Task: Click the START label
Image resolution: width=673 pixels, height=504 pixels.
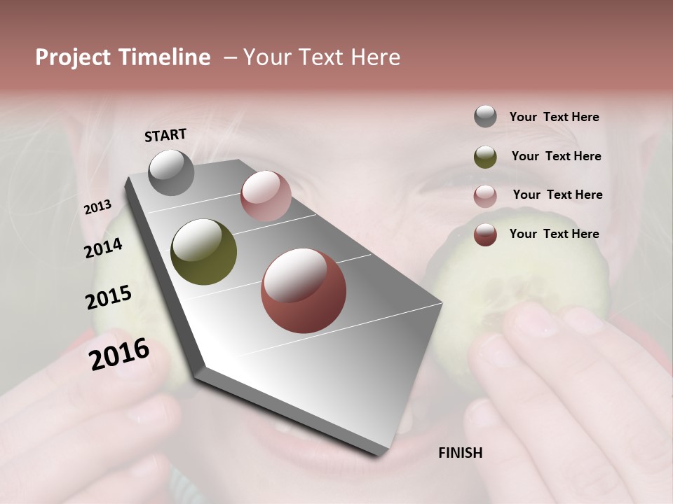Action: [165, 135]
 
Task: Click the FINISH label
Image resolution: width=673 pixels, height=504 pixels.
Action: [460, 453]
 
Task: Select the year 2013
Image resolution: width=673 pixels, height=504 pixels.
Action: [97, 207]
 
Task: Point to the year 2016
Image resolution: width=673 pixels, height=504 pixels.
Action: [119, 354]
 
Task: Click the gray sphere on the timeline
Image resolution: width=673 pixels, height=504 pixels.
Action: [171, 173]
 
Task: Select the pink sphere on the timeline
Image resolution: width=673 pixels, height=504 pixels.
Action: [266, 196]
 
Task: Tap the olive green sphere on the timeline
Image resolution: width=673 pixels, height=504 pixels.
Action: [203, 252]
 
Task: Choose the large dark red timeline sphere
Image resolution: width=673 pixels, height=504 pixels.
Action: [304, 291]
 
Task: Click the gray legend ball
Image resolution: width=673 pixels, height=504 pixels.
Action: [485, 117]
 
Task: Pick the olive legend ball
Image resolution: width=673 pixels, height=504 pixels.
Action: [485, 157]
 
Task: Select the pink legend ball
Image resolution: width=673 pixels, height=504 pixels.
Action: [485, 196]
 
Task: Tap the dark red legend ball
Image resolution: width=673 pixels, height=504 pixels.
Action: [485, 234]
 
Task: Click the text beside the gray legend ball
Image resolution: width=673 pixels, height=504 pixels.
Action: [554, 117]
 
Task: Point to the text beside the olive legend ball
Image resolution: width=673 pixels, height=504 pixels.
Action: [556, 156]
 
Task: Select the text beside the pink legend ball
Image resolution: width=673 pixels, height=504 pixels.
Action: [557, 195]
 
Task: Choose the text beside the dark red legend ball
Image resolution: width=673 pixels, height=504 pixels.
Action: [554, 234]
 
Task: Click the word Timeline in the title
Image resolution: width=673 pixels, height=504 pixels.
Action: [165, 57]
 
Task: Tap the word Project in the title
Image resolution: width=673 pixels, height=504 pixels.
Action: [73, 57]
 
